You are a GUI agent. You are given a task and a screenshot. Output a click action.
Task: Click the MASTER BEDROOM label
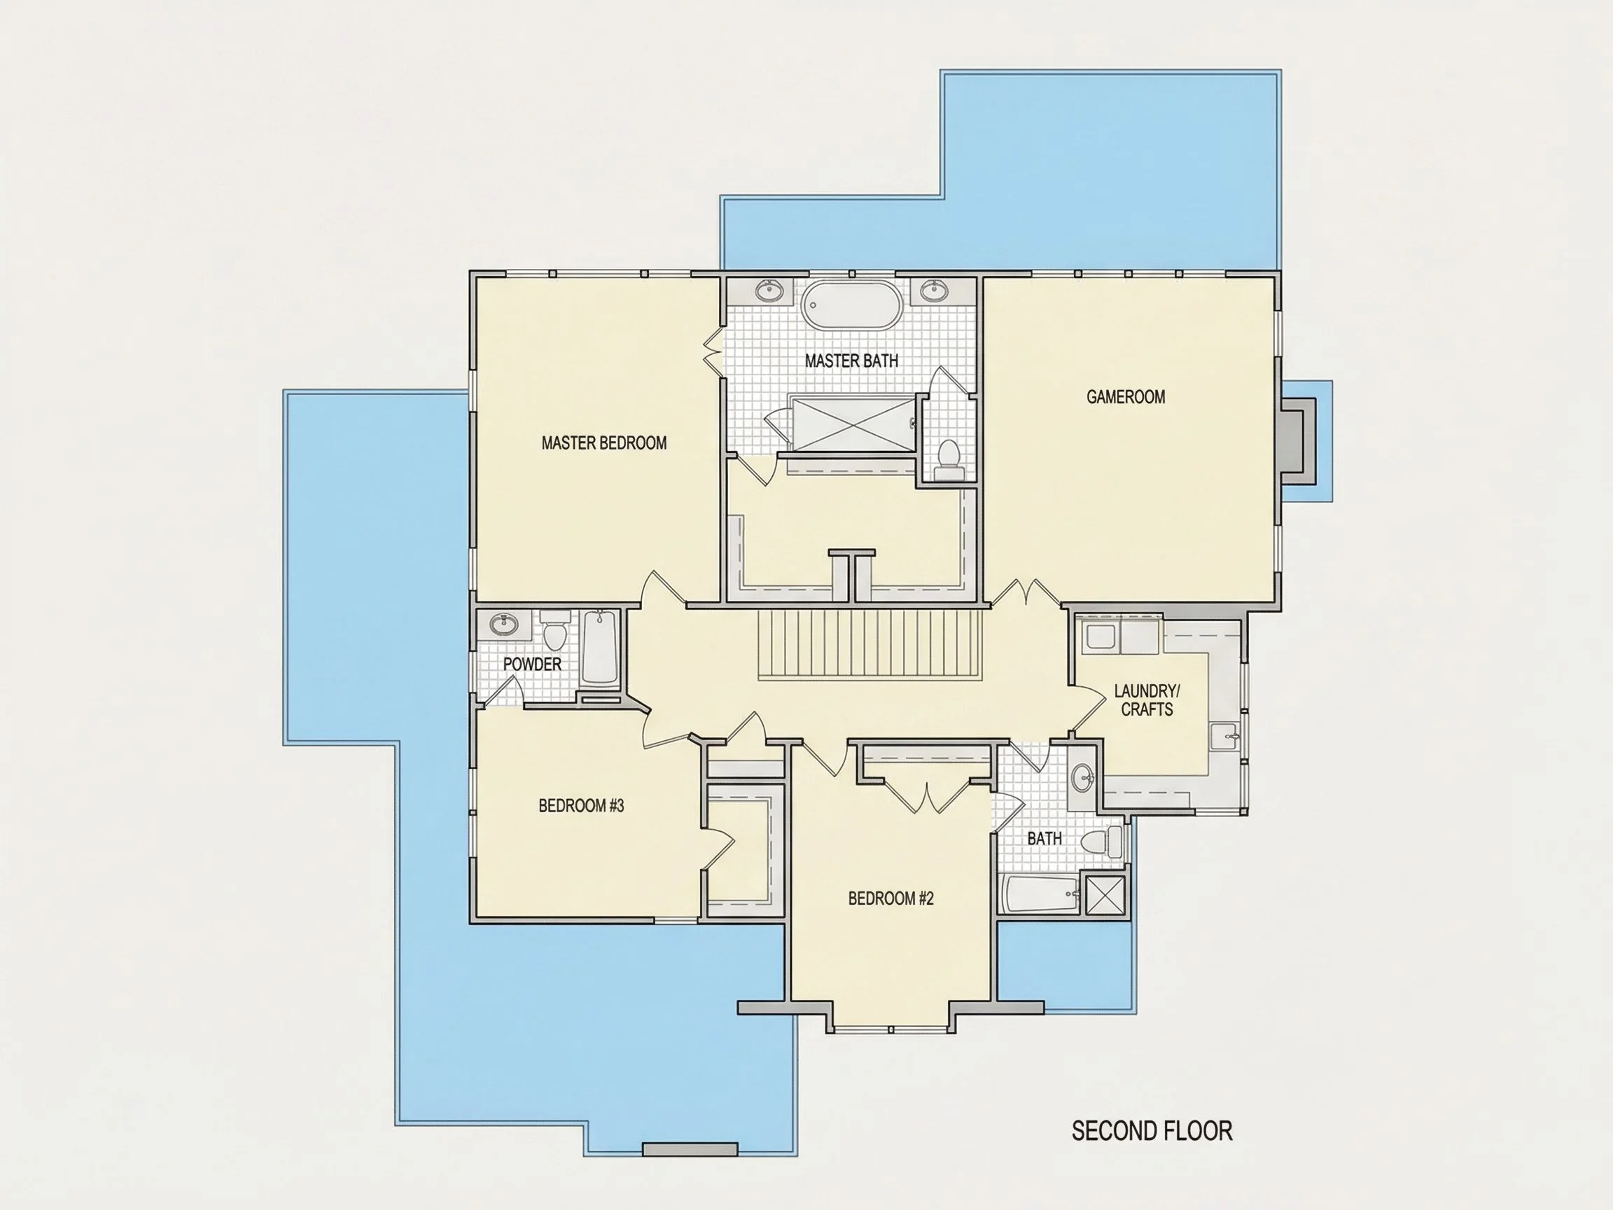(x=603, y=443)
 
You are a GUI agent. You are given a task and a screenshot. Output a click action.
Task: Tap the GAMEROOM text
(x=1126, y=397)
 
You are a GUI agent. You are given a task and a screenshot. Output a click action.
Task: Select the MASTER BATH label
(x=852, y=361)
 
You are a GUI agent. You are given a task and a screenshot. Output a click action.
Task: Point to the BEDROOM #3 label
(x=581, y=805)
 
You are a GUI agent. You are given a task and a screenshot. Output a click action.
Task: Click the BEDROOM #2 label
(x=891, y=898)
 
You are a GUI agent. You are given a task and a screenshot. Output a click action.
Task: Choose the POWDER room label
(x=532, y=664)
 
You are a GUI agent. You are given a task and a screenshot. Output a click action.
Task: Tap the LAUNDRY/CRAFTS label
(x=1146, y=700)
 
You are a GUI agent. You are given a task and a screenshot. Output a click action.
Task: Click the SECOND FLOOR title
(x=1152, y=1130)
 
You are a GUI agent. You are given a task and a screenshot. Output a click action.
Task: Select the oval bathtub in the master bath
(x=851, y=305)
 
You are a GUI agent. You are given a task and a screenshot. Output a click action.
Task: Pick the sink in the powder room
(x=502, y=625)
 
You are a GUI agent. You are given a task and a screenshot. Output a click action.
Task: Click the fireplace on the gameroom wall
(x=1298, y=440)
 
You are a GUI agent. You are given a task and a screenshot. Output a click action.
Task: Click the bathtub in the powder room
(x=600, y=647)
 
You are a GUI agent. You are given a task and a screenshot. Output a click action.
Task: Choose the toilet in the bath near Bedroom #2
(x=1103, y=842)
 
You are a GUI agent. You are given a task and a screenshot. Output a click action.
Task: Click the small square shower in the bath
(x=1105, y=893)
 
